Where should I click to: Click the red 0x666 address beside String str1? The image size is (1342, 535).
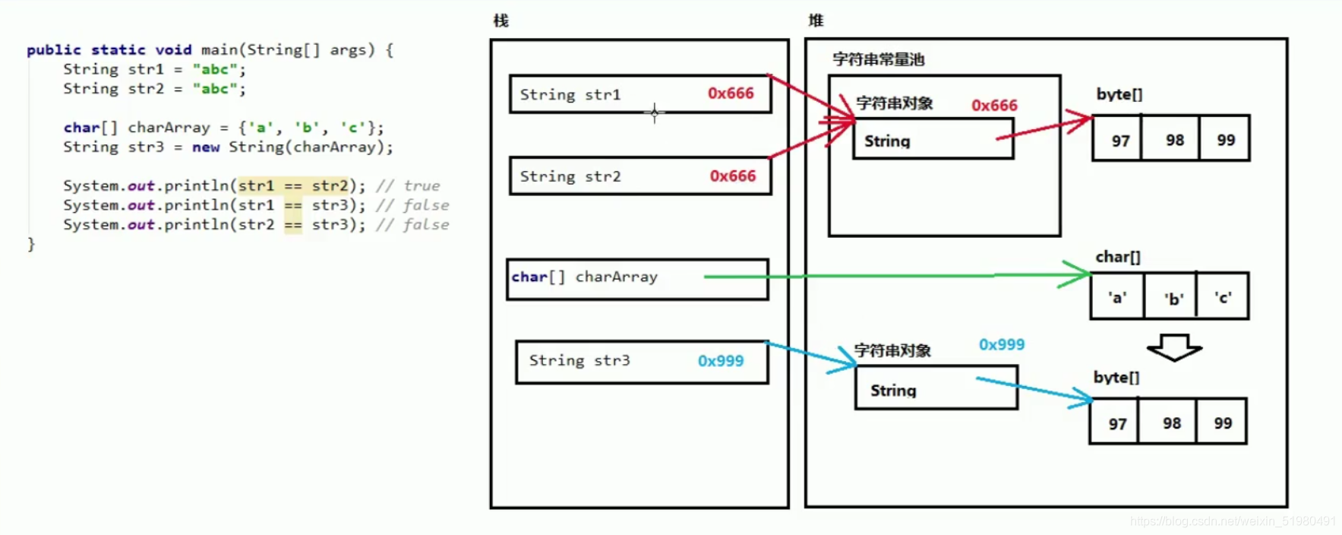[x=731, y=93]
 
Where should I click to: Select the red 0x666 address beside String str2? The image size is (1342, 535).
[x=732, y=176]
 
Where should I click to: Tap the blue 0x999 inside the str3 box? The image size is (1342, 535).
[x=721, y=361]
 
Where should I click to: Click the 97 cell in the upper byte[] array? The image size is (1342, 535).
[x=1120, y=141]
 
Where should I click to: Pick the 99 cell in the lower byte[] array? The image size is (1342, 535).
[x=1222, y=423]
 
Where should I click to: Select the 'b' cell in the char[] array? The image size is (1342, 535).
[x=1173, y=299]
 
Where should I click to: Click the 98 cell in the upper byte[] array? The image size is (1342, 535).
[x=1174, y=141]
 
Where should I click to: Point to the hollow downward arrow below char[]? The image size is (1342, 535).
[x=1174, y=347]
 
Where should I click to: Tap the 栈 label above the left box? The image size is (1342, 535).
[x=500, y=21]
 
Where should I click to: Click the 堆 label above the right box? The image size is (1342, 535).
[x=816, y=21]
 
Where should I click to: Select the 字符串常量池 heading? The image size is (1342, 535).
[x=878, y=59]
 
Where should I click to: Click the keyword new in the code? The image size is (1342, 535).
[x=206, y=147]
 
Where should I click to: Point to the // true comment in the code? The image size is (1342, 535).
[x=408, y=185]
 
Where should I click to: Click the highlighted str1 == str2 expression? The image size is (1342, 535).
[x=293, y=185]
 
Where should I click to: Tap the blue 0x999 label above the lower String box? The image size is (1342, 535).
[x=1001, y=344]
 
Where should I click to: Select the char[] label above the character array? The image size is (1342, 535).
[x=1117, y=257]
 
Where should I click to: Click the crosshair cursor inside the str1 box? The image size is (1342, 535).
[x=654, y=113]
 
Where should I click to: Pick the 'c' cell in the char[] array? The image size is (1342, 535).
[x=1223, y=298]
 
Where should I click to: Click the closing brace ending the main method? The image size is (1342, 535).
[x=31, y=244]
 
